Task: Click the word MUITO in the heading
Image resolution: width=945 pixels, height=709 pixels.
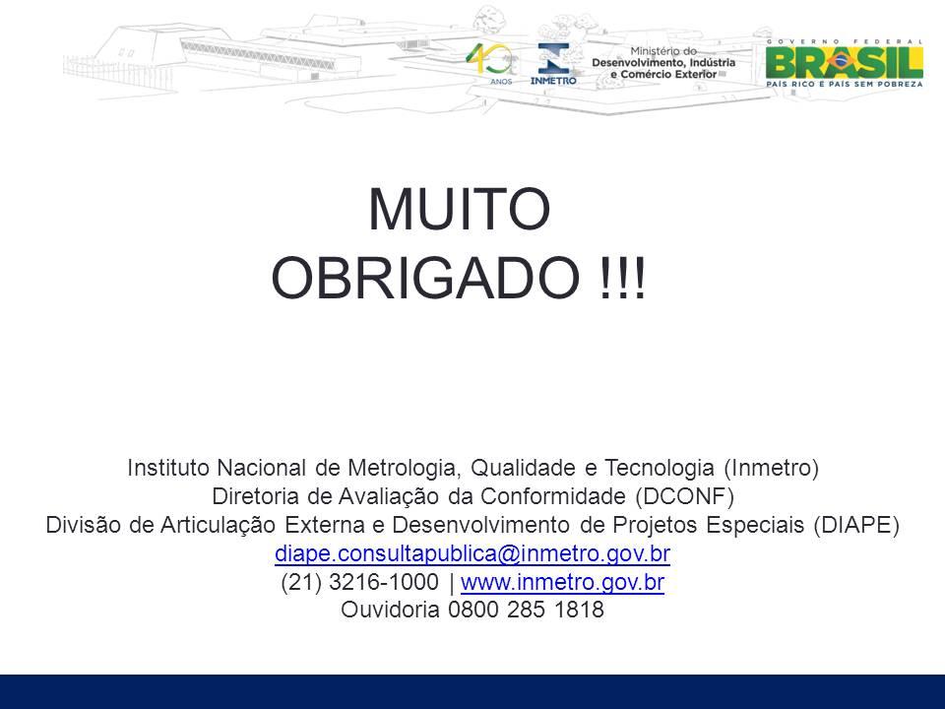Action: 460,209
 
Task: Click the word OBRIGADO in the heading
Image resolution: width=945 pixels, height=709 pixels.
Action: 425,278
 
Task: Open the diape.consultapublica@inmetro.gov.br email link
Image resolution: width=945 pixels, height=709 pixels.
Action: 472,553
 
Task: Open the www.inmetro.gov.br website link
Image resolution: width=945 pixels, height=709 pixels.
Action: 562,582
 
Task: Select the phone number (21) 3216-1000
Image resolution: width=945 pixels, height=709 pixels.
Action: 360,582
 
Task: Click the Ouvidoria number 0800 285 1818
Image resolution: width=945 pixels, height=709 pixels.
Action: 526,610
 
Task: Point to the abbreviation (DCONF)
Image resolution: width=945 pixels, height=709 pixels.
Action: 685,496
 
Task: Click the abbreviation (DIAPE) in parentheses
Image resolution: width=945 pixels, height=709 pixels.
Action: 855,525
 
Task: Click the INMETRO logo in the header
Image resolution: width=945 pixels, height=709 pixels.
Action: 553,64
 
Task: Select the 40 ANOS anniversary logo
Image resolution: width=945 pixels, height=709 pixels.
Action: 492,63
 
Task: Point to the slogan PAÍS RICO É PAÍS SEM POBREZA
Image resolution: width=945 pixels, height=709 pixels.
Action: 844,84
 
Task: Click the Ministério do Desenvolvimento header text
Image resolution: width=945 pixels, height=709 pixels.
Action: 663,63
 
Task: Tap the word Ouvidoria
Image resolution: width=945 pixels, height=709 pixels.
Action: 390,610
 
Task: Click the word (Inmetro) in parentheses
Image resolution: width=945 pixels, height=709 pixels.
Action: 771,468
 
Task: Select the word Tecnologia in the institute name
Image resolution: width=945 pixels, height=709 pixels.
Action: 660,468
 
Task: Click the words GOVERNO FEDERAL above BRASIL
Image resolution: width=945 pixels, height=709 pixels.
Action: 844,41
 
